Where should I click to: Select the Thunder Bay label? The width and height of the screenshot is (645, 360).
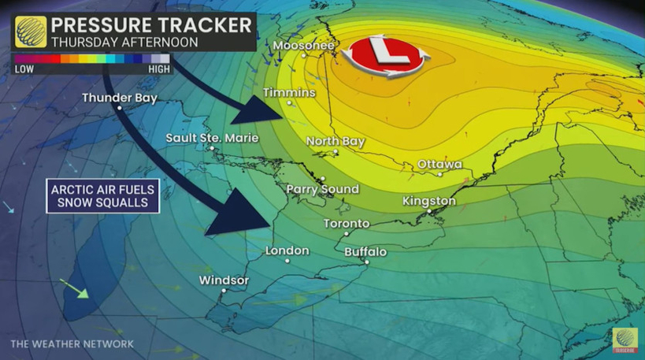click(120, 98)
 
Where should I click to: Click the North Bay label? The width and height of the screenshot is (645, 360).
click(335, 141)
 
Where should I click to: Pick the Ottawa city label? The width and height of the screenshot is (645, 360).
click(439, 164)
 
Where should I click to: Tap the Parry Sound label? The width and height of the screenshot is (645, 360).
click(322, 189)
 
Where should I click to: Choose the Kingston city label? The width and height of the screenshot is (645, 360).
click(429, 201)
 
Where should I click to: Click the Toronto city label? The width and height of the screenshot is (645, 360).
click(347, 224)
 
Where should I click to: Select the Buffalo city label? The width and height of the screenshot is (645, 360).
click(365, 252)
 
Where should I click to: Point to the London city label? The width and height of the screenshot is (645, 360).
click(287, 251)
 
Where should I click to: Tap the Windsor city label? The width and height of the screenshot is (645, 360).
click(224, 280)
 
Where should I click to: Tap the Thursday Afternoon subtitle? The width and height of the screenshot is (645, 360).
click(124, 42)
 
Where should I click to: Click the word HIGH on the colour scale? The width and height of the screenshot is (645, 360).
click(158, 69)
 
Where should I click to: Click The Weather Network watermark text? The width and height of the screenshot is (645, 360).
click(72, 344)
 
